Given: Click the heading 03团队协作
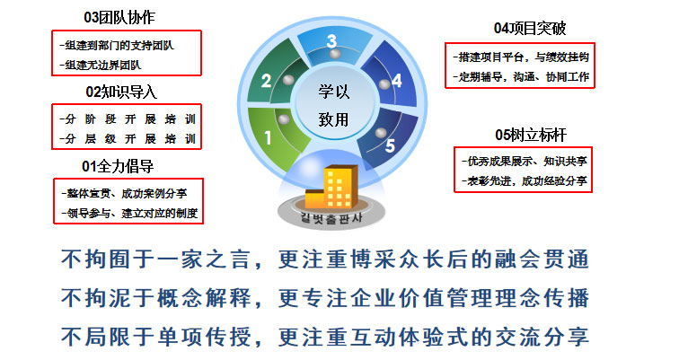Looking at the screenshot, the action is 119,18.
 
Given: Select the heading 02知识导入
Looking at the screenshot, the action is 121,92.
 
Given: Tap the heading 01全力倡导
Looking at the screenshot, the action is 118,166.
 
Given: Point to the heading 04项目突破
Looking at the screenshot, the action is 530,28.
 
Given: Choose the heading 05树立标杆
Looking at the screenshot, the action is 531,135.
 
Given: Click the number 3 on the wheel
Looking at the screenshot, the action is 331,41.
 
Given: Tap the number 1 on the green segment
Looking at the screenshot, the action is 268,138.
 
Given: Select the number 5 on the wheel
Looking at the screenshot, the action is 390,145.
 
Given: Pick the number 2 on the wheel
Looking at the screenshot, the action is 266,81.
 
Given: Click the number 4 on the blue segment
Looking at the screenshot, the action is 397,81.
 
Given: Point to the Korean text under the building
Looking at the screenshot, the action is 331,217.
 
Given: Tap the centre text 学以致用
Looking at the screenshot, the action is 334,105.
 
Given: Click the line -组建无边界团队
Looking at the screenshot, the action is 101,66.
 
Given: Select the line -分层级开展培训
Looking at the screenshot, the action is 128,139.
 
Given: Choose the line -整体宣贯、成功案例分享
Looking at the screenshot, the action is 124,193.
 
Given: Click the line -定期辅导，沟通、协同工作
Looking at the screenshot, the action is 521,77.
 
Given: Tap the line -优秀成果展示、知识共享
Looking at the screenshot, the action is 525,162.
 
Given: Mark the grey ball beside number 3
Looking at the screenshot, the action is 335,54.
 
